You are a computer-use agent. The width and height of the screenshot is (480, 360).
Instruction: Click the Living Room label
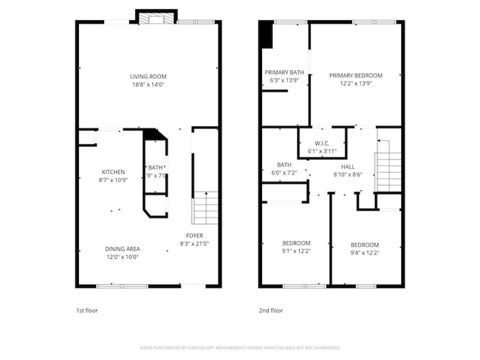148,76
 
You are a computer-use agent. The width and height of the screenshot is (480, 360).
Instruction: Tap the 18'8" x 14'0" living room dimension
148,84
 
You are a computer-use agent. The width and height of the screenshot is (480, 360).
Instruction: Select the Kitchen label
113,172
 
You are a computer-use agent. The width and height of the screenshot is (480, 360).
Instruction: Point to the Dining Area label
122,249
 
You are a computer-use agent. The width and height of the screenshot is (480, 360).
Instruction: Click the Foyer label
194,235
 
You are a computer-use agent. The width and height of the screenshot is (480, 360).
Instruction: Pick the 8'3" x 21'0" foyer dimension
194,243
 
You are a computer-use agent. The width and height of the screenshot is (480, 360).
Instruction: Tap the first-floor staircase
205,208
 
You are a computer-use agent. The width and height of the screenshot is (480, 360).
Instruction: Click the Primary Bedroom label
355,75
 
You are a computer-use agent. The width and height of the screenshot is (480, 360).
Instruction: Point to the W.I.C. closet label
322,143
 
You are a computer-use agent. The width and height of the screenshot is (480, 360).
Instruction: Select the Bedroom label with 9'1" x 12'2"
296,243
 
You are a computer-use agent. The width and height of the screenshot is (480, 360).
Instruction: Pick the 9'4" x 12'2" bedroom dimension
364,253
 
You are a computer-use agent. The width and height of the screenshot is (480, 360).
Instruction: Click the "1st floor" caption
86,311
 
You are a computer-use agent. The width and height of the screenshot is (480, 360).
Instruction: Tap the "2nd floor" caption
271,311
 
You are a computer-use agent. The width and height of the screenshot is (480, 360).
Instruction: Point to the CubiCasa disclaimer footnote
239,347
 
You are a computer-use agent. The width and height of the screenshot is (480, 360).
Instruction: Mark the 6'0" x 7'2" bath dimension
284,173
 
